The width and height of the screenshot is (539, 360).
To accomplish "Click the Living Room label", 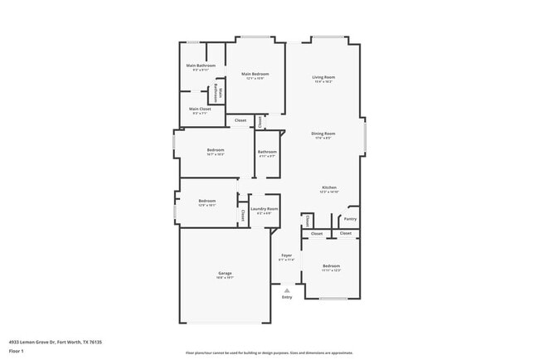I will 323,77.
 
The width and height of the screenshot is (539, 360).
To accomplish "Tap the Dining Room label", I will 323,133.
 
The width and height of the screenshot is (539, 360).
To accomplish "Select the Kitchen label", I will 329,187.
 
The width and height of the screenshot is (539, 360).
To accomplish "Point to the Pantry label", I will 350,219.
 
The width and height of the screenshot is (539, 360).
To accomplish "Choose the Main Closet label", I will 200,109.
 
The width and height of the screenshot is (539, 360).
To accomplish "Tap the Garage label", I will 225,273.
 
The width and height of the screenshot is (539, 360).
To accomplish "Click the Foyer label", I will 286,255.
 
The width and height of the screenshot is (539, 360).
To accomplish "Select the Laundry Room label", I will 264,209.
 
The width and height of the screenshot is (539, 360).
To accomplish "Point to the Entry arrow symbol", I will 287,289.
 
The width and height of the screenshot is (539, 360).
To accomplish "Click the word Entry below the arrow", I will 287,297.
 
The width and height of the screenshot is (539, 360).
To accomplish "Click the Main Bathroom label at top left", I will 201,66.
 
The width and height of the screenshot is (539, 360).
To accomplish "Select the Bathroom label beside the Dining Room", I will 267,151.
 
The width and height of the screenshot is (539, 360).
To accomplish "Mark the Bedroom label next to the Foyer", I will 331,266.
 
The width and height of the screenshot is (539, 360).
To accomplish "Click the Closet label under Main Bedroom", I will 240,121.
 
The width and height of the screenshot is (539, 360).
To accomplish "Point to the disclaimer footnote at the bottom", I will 269,353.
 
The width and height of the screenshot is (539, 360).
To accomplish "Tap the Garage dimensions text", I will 225,278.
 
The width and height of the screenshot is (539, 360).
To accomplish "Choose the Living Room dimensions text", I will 323,82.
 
